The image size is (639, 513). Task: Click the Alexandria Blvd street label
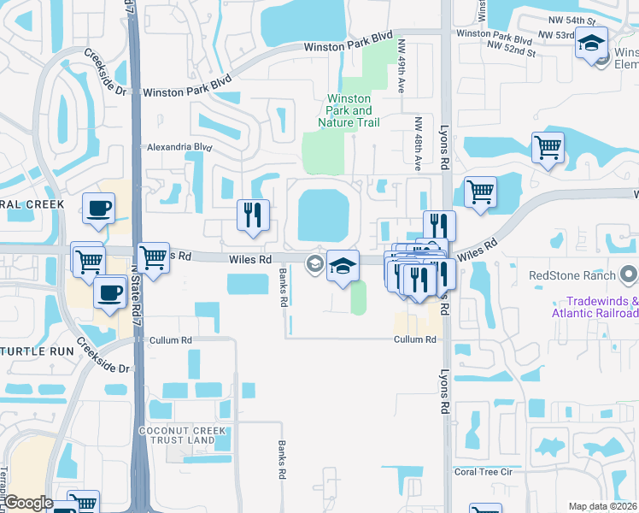pyautogui.click(x=179, y=147)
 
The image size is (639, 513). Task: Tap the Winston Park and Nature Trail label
pyautogui.click(x=350, y=111)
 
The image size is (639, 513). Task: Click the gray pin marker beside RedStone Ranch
pyautogui.click(x=629, y=275)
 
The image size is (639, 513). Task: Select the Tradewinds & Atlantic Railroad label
pyautogui.click(x=601, y=307)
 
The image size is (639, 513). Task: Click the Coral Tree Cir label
pyautogui.click(x=483, y=471)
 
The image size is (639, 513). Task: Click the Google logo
pyautogui.click(x=28, y=503)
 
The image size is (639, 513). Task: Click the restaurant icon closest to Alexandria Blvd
pyautogui.click(x=253, y=217)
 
